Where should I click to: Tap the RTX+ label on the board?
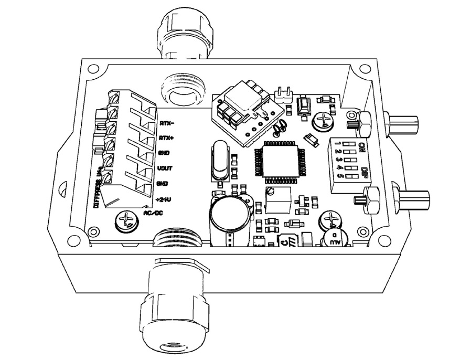click(167, 138)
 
